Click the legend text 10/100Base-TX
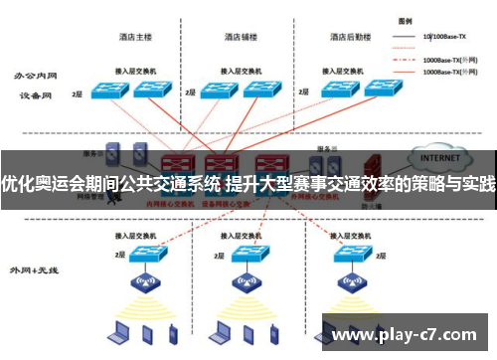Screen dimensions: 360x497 (444, 37)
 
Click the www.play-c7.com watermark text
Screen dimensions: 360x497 (411, 337)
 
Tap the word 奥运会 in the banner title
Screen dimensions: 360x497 (67, 183)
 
